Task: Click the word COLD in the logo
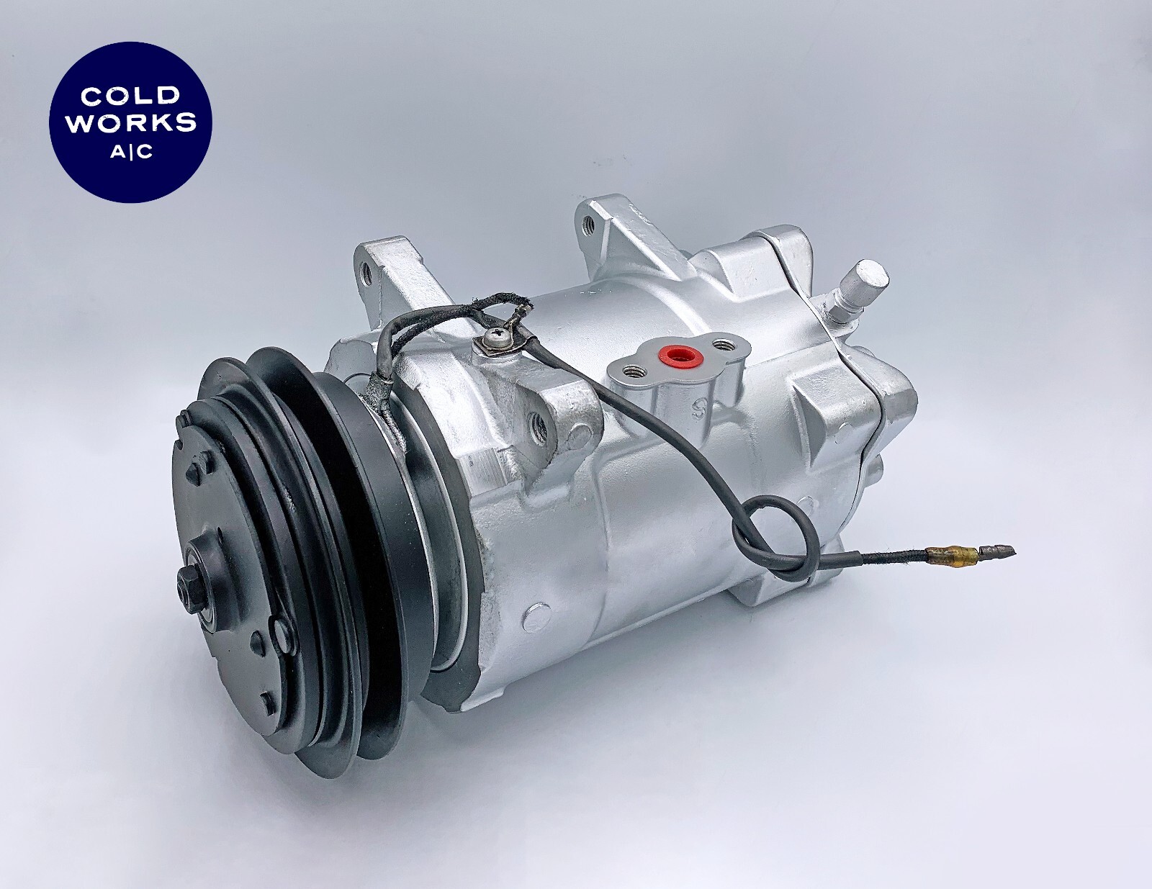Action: [x=130, y=96]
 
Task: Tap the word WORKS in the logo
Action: [x=130, y=122]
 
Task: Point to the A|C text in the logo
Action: [x=130, y=153]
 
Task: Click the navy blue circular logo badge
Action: [x=130, y=122]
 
